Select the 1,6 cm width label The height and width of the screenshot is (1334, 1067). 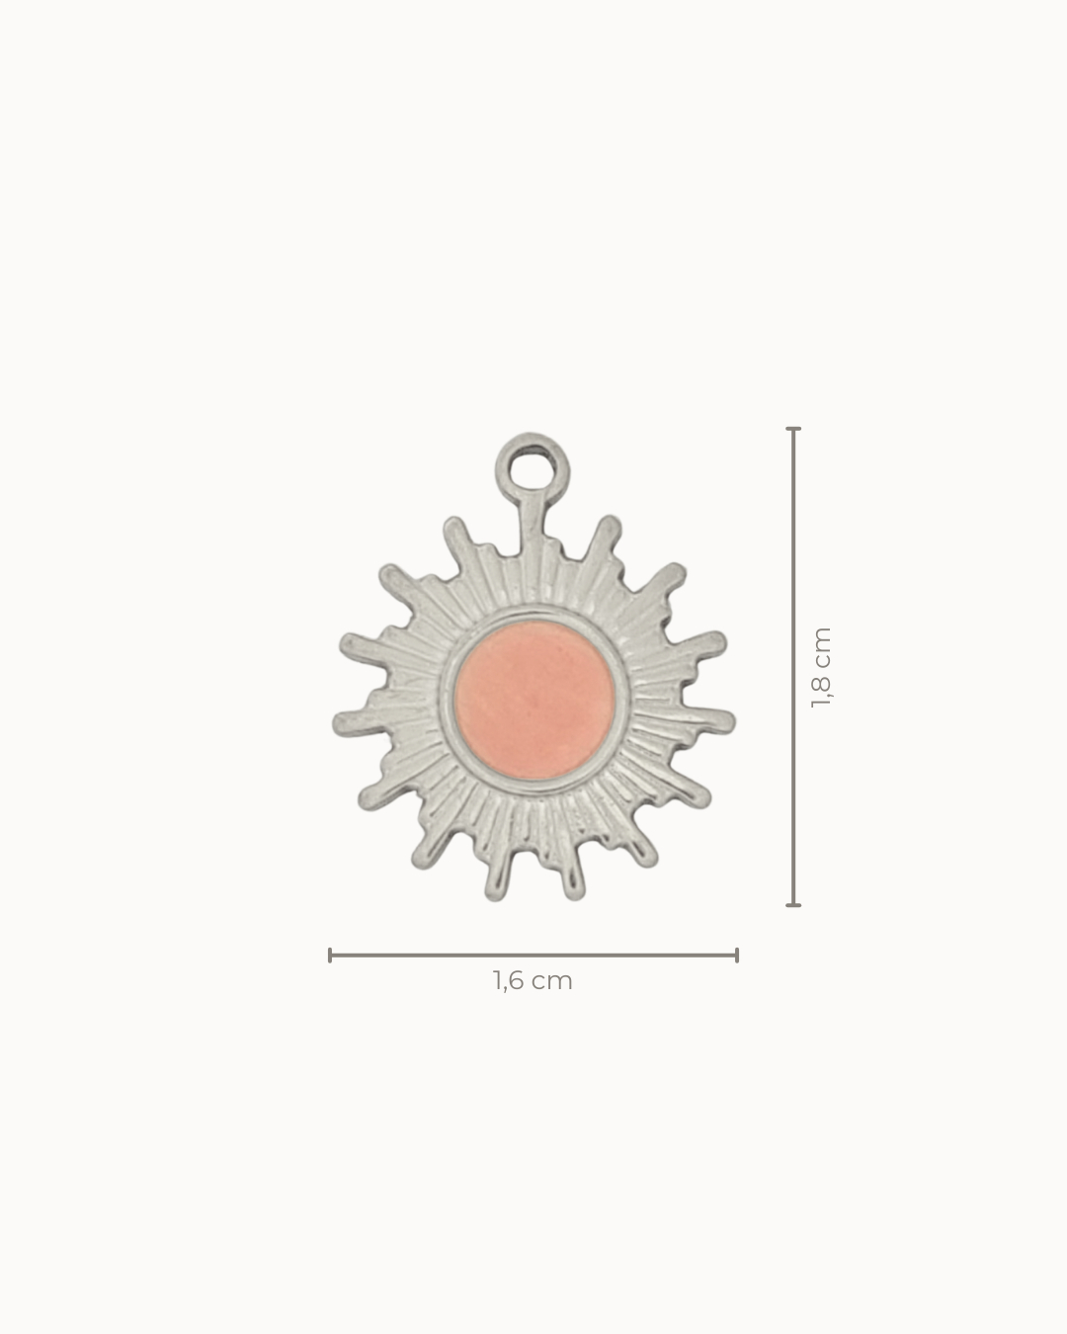(x=533, y=981)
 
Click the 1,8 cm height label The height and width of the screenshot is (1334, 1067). (x=821, y=668)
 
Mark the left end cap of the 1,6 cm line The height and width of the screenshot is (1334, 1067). (x=330, y=955)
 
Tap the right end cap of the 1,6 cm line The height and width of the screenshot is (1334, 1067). (x=737, y=955)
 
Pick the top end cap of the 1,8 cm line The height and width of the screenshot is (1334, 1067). (x=793, y=430)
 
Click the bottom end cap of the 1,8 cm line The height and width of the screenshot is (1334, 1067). (x=793, y=904)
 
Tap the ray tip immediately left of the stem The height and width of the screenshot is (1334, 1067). (x=455, y=524)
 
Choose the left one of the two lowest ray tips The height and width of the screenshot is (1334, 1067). (x=494, y=891)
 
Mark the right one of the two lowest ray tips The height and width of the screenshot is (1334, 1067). (x=572, y=891)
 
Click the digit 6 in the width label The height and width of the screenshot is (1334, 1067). (x=514, y=981)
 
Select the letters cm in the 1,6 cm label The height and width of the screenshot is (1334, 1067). (x=553, y=981)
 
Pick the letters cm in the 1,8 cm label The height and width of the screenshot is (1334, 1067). (x=821, y=644)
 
